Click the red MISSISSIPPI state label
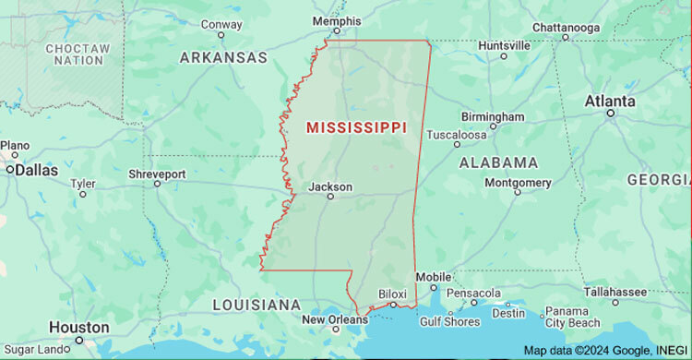(355, 127)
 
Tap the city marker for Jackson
(330, 197)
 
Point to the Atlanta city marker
(610, 113)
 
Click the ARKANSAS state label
(223, 57)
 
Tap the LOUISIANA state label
(257, 305)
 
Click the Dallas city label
(36, 170)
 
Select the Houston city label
(79, 327)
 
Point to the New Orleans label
(335, 320)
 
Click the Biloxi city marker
(392, 305)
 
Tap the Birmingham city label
(493, 117)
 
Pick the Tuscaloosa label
(456, 134)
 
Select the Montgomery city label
(518, 183)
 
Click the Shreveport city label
(157, 174)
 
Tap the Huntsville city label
(504, 44)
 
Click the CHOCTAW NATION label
(78, 54)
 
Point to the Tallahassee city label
(614, 292)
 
